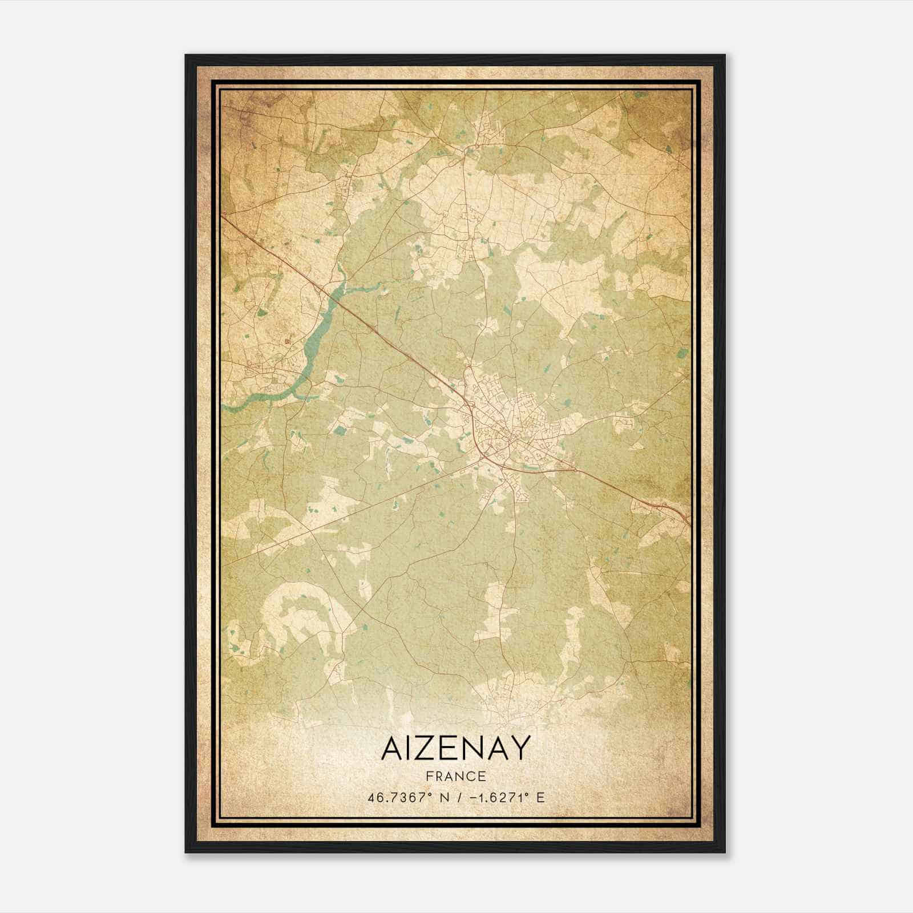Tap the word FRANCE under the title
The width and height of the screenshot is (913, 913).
point(455,777)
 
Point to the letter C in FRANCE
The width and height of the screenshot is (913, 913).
point(469,777)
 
